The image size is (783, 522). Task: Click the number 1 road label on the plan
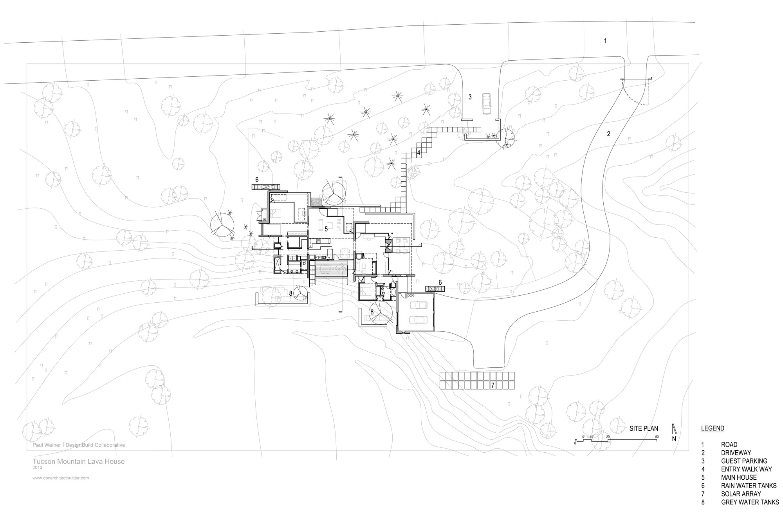click(605, 41)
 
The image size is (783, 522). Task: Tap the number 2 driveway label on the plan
click(608, 134)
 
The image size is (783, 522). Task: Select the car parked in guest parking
click(487, 103)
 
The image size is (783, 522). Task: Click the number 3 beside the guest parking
click(470, 97)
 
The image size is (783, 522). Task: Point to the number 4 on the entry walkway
click(419, 153)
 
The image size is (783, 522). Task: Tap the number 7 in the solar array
click(493, 385)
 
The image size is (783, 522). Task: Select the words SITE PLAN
click(644, 428)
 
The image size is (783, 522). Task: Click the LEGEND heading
click(713, 428)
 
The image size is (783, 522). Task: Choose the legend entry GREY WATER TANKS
click(750, 502)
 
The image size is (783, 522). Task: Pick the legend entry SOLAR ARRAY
click(741, 494)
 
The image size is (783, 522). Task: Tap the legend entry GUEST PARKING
click(744, 461)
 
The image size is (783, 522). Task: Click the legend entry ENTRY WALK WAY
click(746, 469)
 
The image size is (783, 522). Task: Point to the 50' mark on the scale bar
click(657, 437)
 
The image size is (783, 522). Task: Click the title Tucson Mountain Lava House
click(79, 461)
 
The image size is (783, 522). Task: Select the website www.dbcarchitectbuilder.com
click(61, 478)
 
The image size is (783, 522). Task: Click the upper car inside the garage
click(418, 305)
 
